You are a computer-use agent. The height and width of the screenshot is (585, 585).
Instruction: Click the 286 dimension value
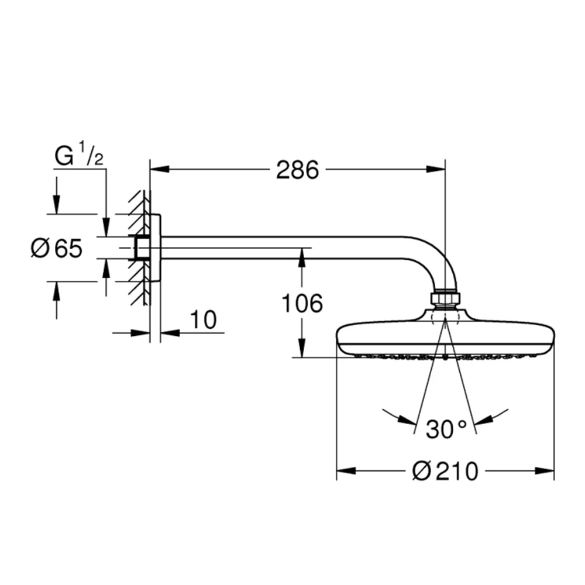[297, 170]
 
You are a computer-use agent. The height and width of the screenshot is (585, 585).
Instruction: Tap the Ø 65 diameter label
[56, 248]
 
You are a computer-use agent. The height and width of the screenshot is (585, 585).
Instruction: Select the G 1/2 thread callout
[79, 156]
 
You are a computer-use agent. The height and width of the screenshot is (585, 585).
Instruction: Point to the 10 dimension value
[203, 320]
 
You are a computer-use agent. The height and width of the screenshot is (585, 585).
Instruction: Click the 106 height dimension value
[302, 303]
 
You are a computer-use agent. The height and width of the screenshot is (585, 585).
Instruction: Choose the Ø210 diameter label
[445, 471]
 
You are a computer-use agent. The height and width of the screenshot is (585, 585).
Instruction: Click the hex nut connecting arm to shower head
[445, 298]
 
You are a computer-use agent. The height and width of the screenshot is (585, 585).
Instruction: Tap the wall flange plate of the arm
[156, 248]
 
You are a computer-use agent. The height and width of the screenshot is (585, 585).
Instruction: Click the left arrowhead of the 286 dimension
[159, 170]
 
